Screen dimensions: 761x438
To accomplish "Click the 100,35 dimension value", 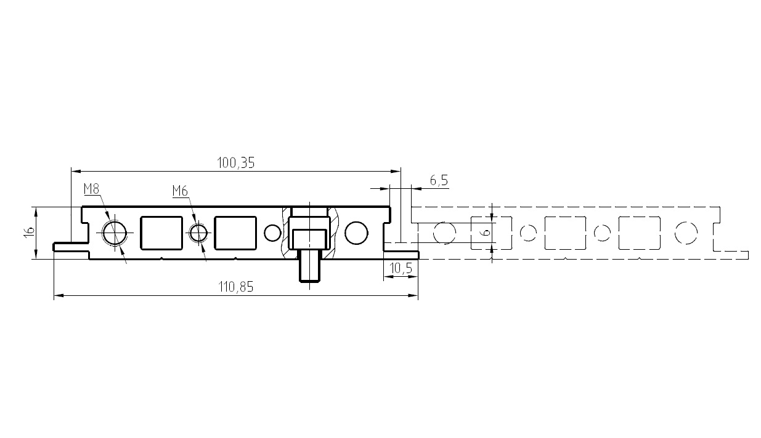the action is (236, 163).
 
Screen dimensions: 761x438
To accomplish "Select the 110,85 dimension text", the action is (236, 287).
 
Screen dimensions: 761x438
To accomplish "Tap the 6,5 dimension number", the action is (439, 180).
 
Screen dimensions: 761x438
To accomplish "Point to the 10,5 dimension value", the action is (401, 269).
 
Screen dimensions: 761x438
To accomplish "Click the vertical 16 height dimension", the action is (30, 233).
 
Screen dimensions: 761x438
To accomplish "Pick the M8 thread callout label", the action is (91, 189).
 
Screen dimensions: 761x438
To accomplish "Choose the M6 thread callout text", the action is (180, 191).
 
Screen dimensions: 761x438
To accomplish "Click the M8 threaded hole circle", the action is (115, 233).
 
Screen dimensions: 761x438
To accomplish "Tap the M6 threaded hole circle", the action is (199, 233).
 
